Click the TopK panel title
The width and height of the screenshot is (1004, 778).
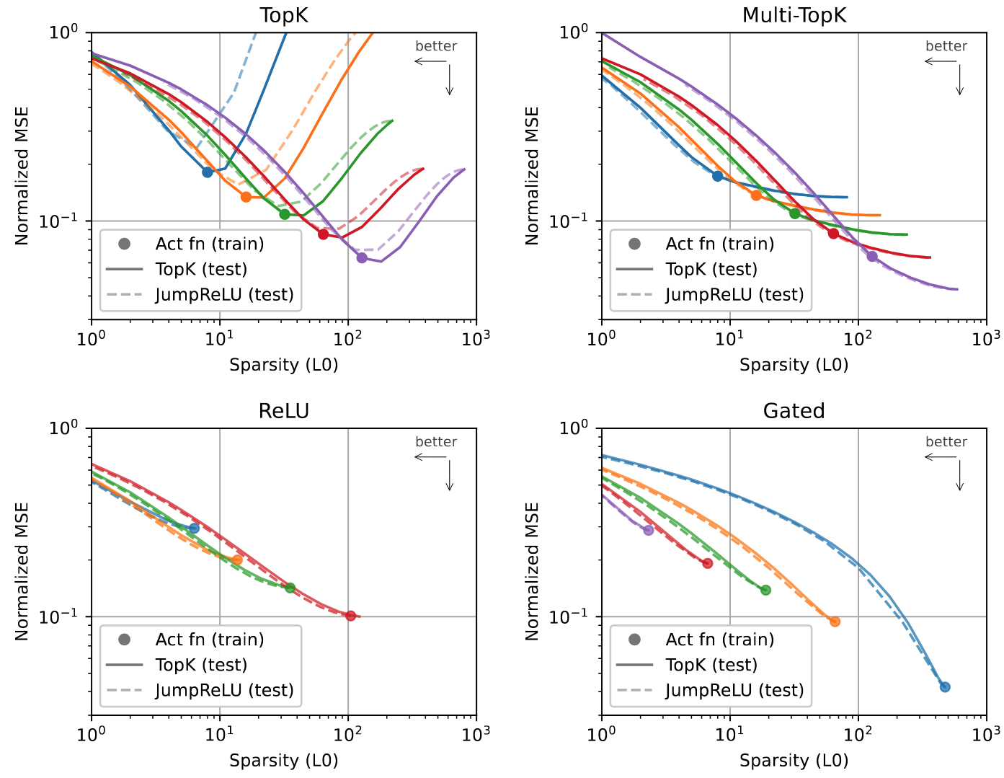(x=284, y=15)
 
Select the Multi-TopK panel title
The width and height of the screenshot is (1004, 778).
(x=794, y=15)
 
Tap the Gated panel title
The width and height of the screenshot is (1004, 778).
(x=794, y=411)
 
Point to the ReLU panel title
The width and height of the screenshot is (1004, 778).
(x=284, y=411)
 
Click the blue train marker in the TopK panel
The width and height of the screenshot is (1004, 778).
(x=208, y=172)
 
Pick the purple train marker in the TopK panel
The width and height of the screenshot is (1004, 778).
(x=362, y=257)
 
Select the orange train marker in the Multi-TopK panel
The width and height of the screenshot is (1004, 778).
(x=756, y=195)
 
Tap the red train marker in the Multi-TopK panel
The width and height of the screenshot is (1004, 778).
(x=833, y=233)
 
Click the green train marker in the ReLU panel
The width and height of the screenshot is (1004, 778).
(x=290, y=588)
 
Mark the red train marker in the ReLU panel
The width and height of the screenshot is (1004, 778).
(x=350, y=616)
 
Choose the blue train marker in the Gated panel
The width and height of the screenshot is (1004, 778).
(x=945, y=686)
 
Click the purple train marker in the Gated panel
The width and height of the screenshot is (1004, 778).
(x=648, y=530)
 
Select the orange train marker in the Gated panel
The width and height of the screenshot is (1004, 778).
(x=835, y=622)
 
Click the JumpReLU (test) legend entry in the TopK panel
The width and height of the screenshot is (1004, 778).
(x=224, y=295)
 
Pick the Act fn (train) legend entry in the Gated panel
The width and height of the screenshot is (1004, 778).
(x=719, y=640)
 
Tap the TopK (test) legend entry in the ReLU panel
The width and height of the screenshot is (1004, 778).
(x=201, y=665)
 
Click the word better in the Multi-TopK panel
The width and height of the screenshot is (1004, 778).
(x=946, y=46)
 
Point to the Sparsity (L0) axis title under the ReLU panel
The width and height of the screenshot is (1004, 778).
(x=284, y=761)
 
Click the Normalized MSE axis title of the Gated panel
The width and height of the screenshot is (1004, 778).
(x=533, y=572)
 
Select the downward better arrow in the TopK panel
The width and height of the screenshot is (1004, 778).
(x=450, y=79)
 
